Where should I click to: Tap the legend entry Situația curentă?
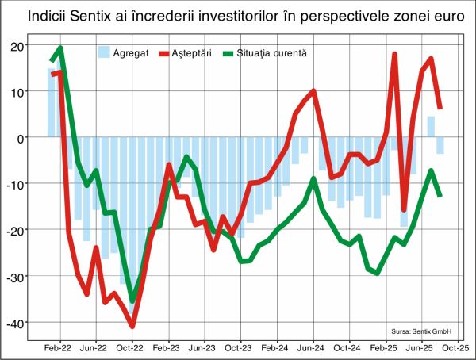point(271,53)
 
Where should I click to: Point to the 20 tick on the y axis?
point(17,45)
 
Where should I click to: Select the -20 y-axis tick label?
point(16,230)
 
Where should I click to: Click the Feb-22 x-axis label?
point(58,347)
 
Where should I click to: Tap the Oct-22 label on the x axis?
point(130,347)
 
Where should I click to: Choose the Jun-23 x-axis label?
point(202,347)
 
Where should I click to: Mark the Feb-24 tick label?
point(274,347)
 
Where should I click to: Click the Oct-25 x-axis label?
point(454,347)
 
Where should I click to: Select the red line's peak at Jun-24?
point(313,91)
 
